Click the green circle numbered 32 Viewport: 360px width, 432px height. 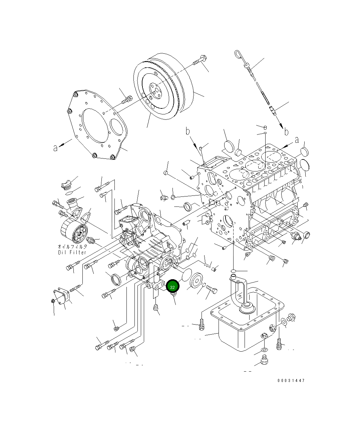[172, 286]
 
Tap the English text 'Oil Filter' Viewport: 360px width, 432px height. [72, 252]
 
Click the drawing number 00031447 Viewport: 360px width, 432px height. [291, 380]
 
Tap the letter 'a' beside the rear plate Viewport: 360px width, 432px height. [55, 147]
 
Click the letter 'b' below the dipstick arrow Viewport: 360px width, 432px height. [286, 132]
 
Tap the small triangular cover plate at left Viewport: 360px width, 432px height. [61, 297]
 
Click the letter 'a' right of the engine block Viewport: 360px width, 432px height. [297, 140]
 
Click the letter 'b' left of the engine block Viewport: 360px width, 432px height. [188, 131]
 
